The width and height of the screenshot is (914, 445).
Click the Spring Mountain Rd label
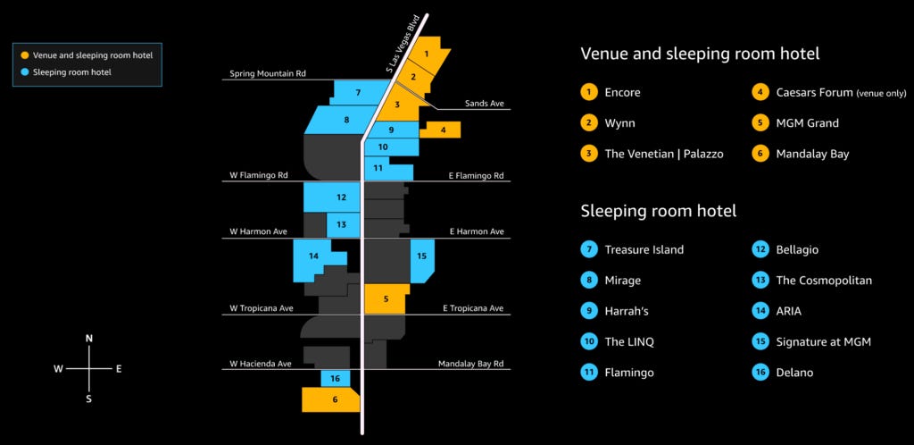point(267,73)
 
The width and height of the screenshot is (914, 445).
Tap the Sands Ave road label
point(484,104)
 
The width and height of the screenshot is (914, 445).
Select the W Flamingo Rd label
point(258,175)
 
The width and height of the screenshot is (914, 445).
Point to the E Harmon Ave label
point(477,231)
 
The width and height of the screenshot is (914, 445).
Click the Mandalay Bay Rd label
point(470,364)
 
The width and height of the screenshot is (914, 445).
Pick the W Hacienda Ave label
point(261,364)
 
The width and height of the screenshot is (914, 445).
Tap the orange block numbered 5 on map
point(386,298)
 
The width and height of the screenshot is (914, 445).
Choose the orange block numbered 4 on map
point(442,130)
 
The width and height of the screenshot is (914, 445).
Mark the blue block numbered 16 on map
point(335,379)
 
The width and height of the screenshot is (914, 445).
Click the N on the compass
point(89,339)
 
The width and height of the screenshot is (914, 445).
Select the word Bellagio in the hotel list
point(797,250)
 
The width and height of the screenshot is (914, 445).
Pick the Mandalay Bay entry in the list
point(812,154)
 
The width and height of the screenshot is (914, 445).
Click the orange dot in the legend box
point(25,55)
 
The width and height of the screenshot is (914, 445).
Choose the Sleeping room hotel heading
point(658,211)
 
